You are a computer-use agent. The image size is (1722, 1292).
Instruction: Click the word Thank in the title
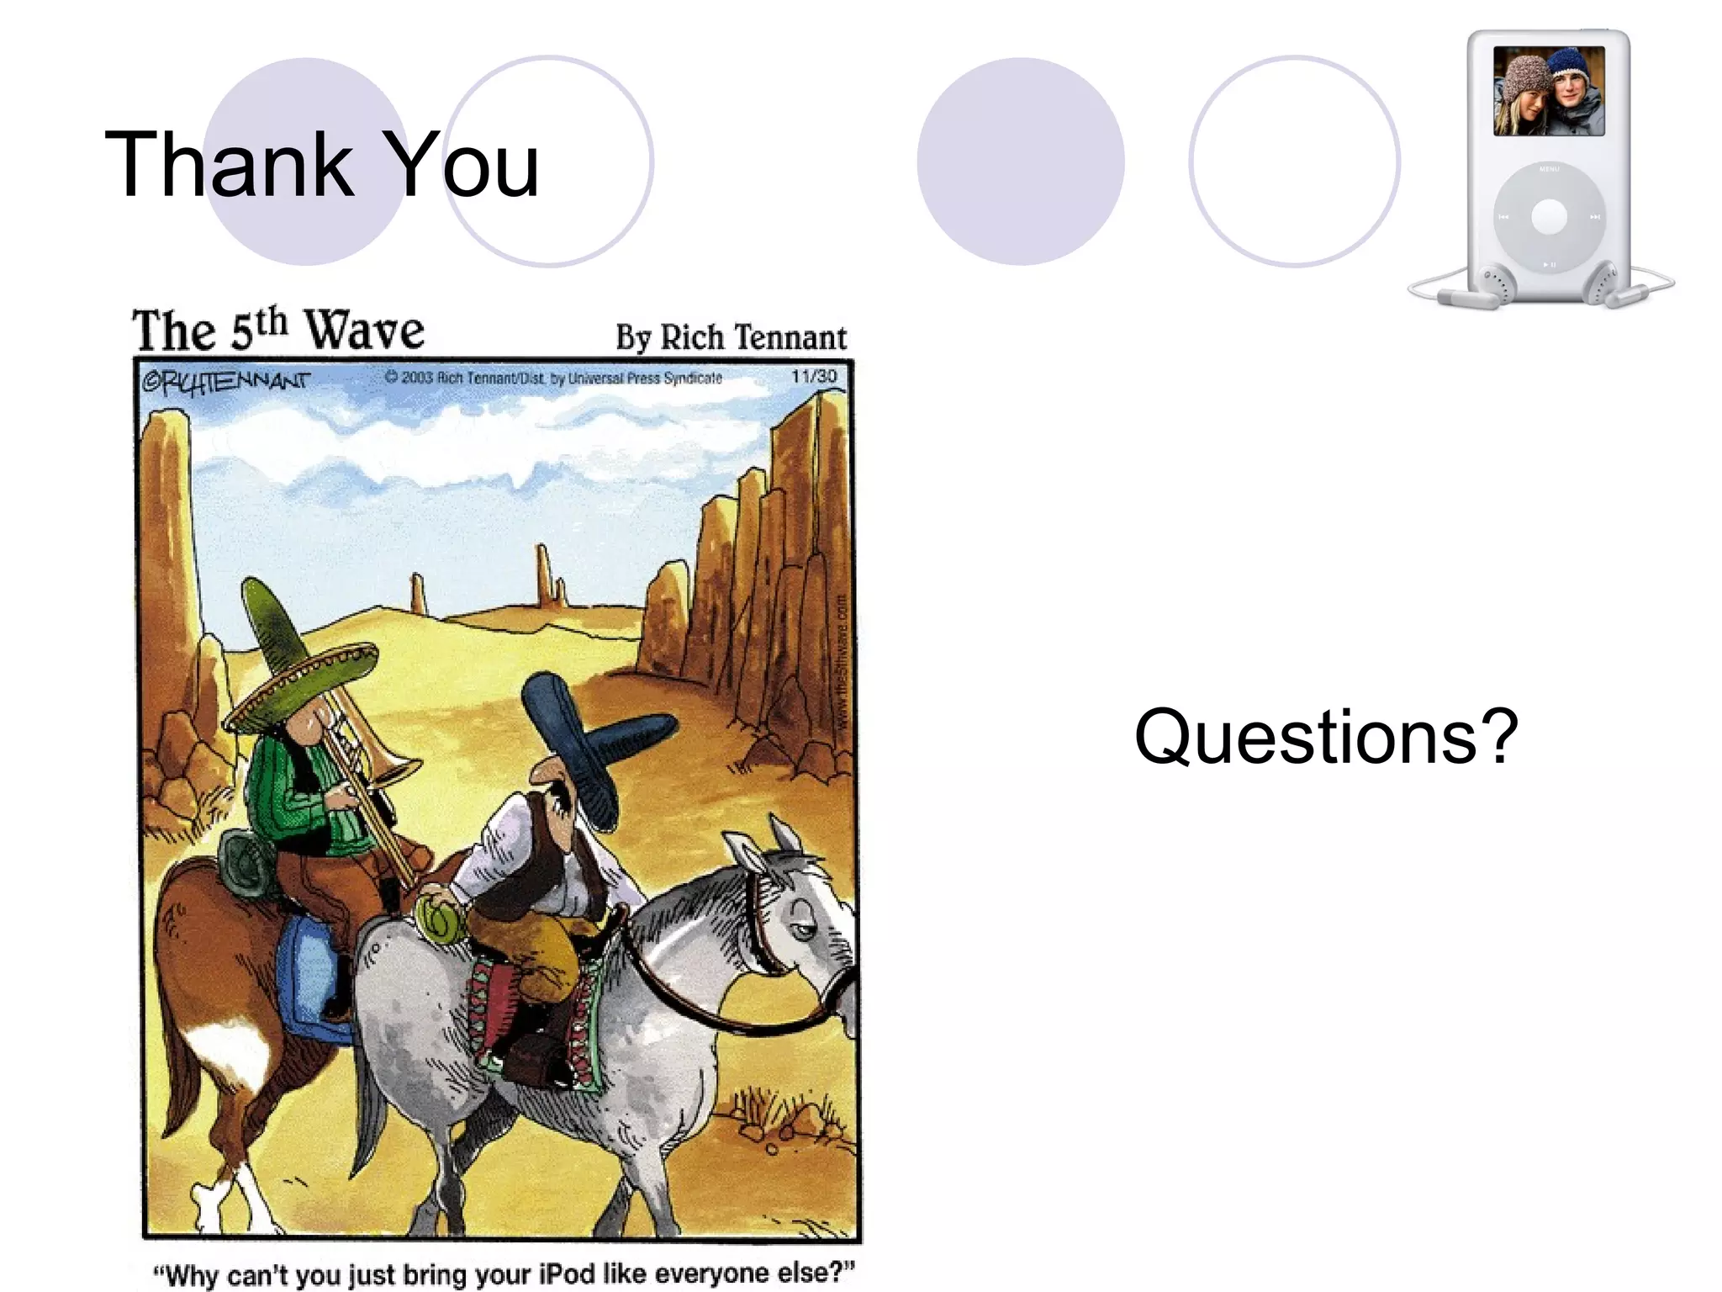(x=229, y=165)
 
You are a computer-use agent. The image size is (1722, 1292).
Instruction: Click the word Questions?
(x=1326, y=737)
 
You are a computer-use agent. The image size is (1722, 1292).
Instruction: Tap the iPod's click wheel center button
(x=1549, y=217)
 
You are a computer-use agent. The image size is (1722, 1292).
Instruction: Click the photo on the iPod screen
(x=1549, y=91)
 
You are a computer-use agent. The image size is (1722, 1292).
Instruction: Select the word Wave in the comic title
(x=364, y=331)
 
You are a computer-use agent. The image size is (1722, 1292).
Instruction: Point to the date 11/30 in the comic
(x=814, y=376)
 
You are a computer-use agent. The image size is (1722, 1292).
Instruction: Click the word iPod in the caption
(x=567, y=1273)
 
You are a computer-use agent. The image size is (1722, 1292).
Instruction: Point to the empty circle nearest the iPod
(x=1294, y=161)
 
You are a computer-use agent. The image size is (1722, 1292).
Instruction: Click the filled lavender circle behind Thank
(x=306, y=161)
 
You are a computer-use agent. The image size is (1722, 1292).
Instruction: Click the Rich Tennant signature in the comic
(x=225, y=382)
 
